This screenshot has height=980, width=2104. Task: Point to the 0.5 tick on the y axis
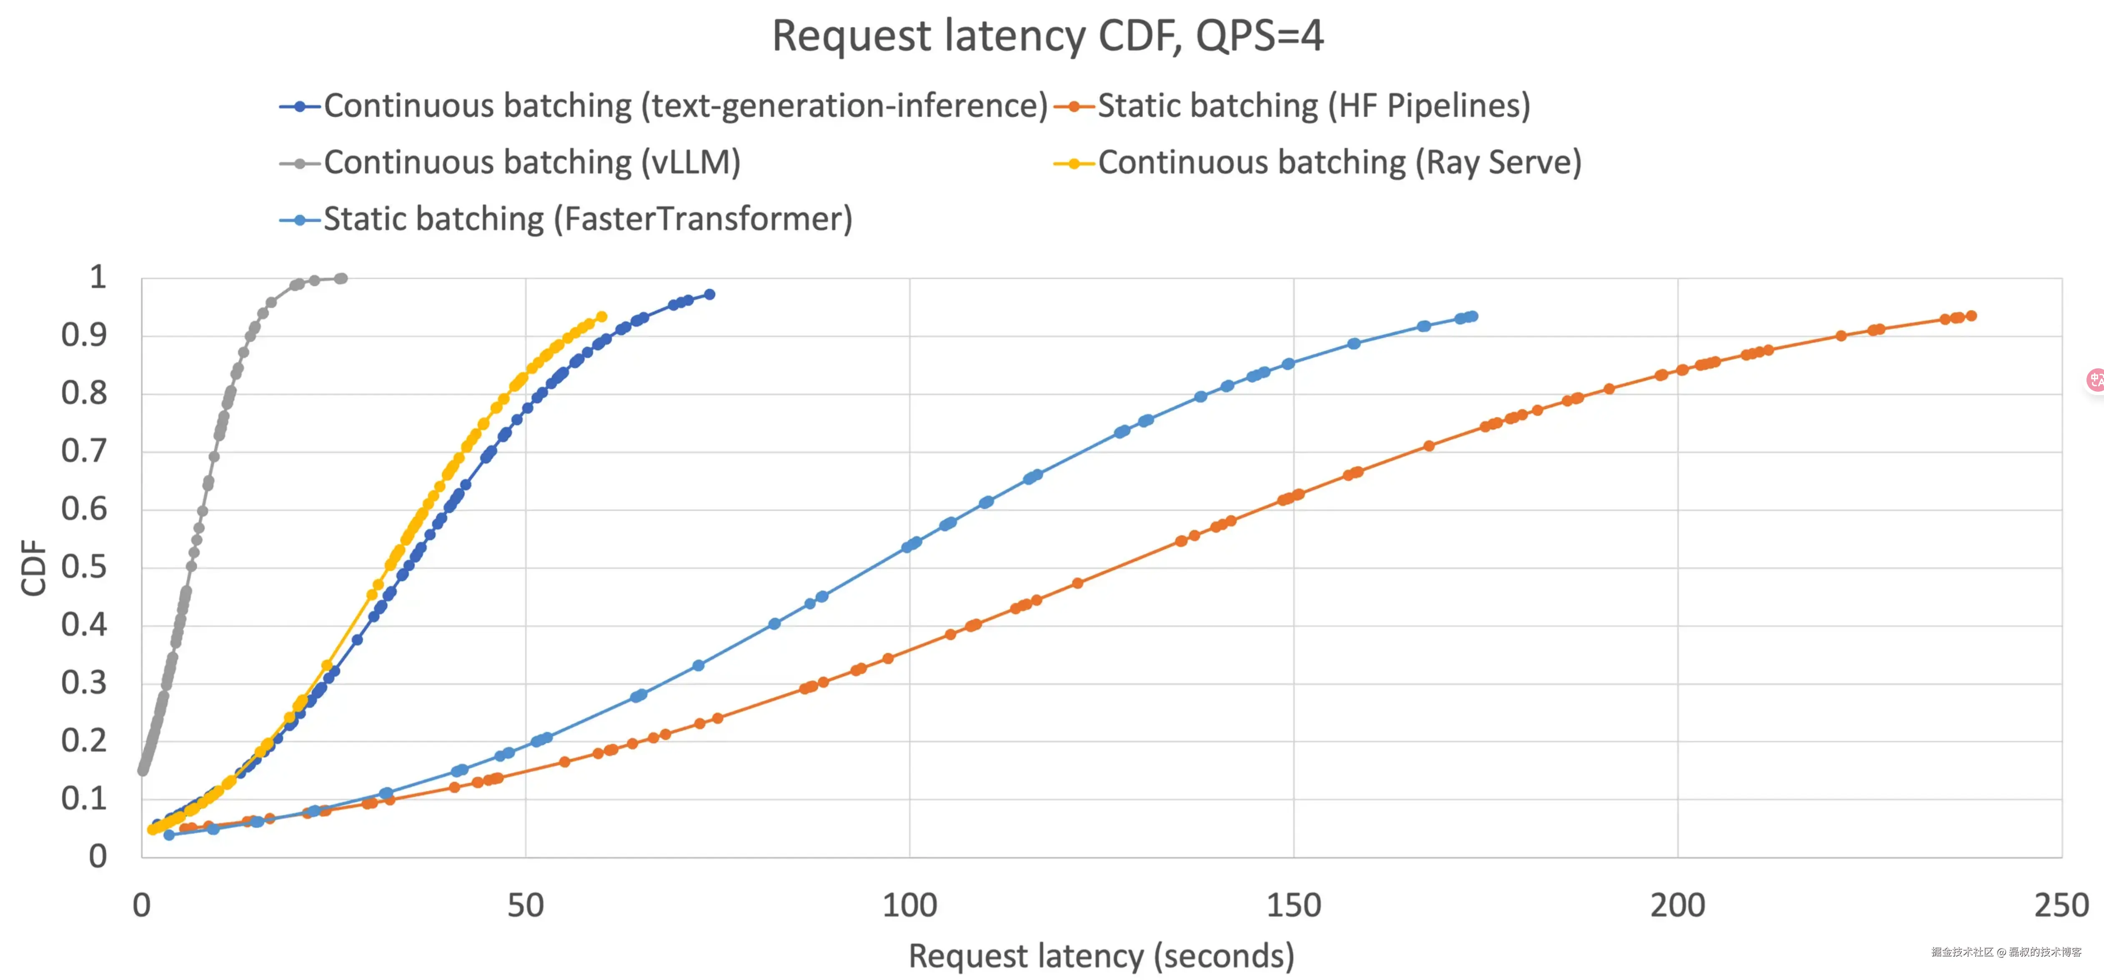84,567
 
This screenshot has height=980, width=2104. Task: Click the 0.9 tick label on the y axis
84,335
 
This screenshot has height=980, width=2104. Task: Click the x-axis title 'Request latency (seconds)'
1101,955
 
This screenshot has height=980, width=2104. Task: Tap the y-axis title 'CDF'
34,567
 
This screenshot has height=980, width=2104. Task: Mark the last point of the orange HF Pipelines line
1971,316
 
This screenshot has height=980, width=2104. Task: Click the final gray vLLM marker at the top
342,278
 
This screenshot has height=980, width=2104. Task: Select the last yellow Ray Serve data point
602,317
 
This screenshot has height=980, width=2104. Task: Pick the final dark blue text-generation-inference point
710,294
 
